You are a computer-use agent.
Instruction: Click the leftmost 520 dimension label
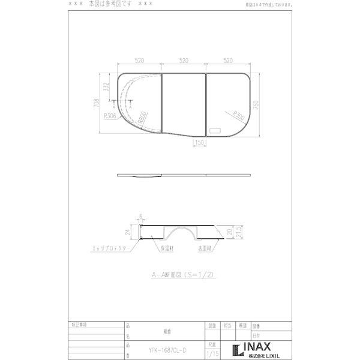pyautogui.click(x=139, y=61)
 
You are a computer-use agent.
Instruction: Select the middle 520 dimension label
pyautogui.click(x=184, y=61)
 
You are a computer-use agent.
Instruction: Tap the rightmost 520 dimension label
pyautogui.click(x=228, y=61)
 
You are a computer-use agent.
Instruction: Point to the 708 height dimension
pyautogui.click(x=97, y=103)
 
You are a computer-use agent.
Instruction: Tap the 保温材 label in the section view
pyautogui.click(x=166, y=247)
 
